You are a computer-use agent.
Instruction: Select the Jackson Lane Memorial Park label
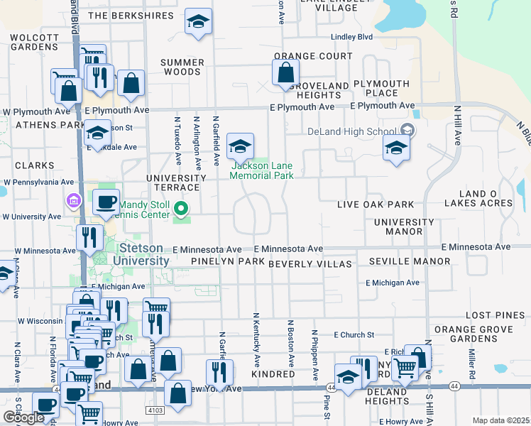(x=261, y=170)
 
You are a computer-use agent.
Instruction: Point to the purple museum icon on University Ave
(x=71, y=202)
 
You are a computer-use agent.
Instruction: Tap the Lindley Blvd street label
(x=351, y=36)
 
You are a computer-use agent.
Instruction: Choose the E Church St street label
(x=354, y=334)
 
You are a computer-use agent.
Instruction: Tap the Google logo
(x=23, y=417)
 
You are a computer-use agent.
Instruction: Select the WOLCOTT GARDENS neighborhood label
(x=34, y=42)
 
